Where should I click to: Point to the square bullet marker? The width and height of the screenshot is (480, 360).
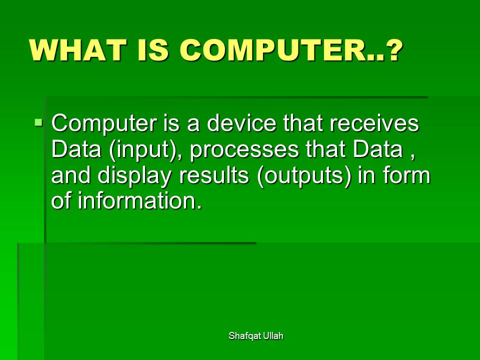pos(38,123)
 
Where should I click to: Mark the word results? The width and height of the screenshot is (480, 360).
pos(213,175)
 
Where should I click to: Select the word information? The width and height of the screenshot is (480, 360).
pos(140,200)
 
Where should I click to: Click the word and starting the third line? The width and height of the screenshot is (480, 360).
pos(70,175)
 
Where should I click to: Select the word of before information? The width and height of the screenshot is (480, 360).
pos(61,200)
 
